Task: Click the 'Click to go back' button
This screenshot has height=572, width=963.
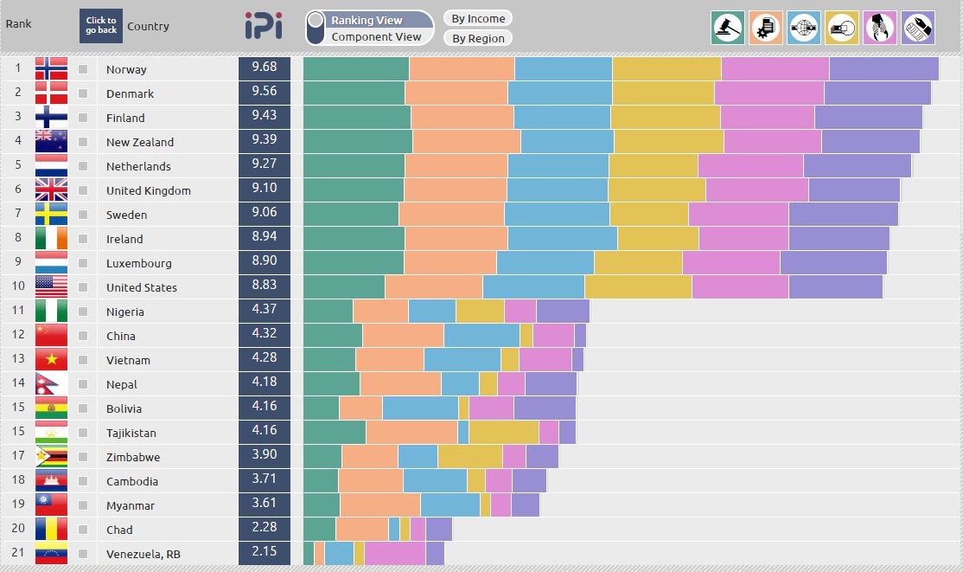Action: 101,26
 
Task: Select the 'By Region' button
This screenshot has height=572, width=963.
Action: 477,38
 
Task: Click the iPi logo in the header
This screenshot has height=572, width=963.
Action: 263,26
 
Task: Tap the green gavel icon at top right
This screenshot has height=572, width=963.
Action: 727,28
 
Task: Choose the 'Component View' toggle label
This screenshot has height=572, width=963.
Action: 377,36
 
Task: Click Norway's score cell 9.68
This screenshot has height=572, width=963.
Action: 265,68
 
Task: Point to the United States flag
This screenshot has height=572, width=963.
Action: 51,287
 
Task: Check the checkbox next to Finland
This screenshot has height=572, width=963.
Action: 83,118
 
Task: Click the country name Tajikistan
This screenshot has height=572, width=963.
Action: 131,433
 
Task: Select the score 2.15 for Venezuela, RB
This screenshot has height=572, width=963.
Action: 265,554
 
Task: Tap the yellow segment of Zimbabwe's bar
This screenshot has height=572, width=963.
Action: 469,457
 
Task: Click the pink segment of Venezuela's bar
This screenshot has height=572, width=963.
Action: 395,554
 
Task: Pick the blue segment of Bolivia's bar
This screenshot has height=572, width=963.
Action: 420,408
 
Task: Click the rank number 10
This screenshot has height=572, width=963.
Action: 17,287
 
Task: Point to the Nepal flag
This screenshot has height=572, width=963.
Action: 51,384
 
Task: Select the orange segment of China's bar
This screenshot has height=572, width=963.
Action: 403,336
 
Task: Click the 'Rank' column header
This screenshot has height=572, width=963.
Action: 18,23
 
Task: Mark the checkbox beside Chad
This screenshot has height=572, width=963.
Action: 83,530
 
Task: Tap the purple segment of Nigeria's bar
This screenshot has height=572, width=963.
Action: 563,312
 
